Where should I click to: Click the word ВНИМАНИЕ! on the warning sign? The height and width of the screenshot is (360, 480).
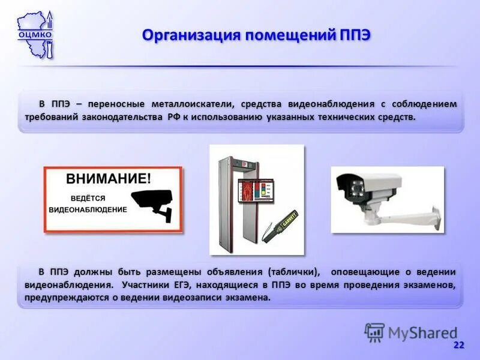point(109,178)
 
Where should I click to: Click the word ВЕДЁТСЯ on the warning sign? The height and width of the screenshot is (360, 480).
point(88,197)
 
